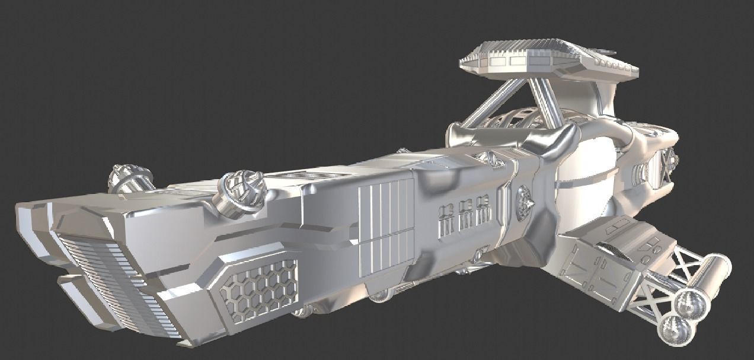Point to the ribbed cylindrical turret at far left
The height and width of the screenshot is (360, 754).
pyautogui.click(x=130, y=179)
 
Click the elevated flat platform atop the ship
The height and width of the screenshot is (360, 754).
pyautogui.click(x=548, y=60)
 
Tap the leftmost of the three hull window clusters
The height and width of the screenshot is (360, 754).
pyautogui.click(x=448, y=219)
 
